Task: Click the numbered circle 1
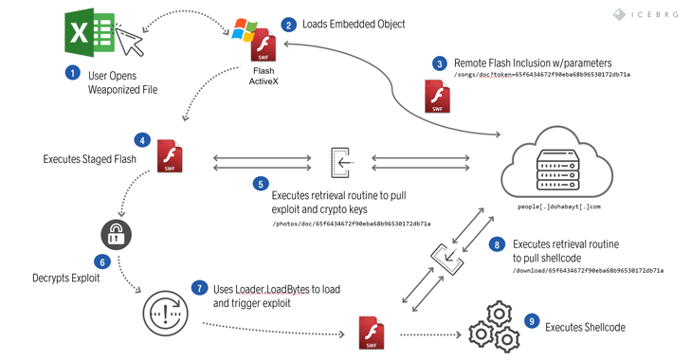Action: [72, 71]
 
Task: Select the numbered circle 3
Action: [439, 63]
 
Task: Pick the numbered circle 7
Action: [198, 285]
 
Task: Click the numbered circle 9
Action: [532, 322]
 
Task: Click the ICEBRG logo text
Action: [647, 14]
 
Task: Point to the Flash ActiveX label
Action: [264, 75]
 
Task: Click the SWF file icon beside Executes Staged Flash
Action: [171, 155]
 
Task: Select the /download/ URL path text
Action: [587, 270]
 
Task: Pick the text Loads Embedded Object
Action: [354, 24]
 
